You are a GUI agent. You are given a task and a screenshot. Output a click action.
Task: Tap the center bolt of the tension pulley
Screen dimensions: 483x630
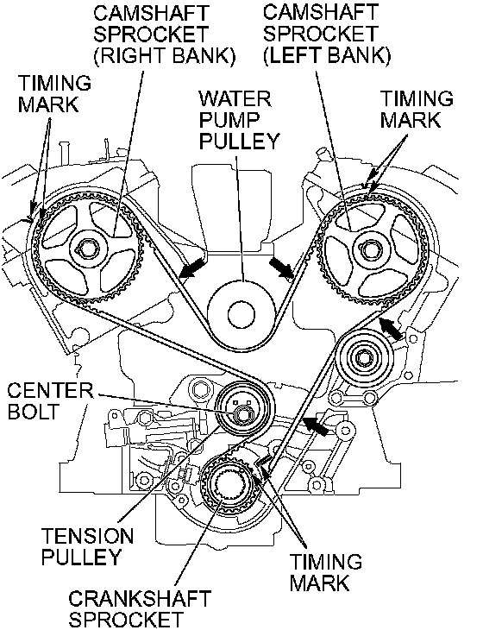pyautogui.click(x=242, y=414)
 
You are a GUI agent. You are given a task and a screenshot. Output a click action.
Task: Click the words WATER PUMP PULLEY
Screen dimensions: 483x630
pyautogui.click(x=239, y=120)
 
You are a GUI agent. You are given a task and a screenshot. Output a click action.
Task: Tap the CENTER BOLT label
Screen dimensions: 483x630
pyautogui.click(x=50, y=401)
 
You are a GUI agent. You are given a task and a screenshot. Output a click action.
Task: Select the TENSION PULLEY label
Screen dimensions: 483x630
pyautogui.click(x=87, y=546)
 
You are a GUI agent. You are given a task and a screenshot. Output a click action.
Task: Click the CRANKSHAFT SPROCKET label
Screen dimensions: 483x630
pyautogui.click(x=140, y=609)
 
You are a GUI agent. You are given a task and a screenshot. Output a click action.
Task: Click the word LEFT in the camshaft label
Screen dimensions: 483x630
pyautogui.click(x=296, y=55)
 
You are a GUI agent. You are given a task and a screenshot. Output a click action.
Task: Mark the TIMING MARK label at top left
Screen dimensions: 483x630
pyautogui.click(x=54, y=93)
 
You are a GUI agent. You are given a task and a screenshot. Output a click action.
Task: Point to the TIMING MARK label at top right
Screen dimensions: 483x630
pyautogui.click(x=417, y=109)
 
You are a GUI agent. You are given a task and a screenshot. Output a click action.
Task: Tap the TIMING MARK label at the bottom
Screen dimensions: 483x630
pyautogui.click(x=326, y=572)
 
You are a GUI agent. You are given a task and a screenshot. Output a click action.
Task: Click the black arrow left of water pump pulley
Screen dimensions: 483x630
pyautogui.click(x=192, y=268)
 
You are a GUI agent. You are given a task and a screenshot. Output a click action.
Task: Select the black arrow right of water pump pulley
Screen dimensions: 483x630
pyautogui.click(x=282, y=268)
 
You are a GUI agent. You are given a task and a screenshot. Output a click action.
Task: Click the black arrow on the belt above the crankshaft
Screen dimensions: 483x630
pyautogui.click(x=316, y=425)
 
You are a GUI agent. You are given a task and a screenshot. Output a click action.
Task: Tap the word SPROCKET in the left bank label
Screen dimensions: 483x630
pyautogui.click(x=320, y=34)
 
